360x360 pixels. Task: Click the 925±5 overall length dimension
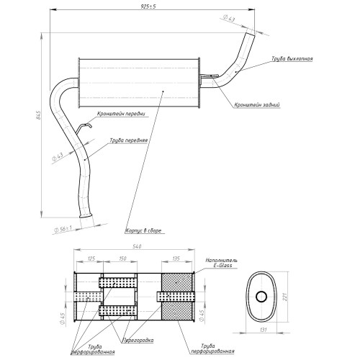click(148, 6)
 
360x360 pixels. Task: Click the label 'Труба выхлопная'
click(292, 59)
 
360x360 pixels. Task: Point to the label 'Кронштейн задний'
click(257, 105)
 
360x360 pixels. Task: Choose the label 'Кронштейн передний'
click(121, 114)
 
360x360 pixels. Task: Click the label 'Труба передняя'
click(129, 140)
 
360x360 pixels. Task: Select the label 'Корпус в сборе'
click(143, 231)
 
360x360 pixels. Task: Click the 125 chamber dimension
click(91, 258)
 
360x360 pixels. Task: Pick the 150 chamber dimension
click(122, 258)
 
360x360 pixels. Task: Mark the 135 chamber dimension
click(176, 258)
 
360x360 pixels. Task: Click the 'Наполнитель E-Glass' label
click(222, 263)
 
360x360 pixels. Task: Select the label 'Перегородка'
click(138, 340)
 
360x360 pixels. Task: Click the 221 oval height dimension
click(284, 297)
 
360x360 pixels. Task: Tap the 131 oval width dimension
click(264, 330)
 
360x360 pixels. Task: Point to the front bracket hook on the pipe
click(84, 125)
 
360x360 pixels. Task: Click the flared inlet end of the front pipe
click(86, 215)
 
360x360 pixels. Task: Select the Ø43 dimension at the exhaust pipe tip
click(229, 19)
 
